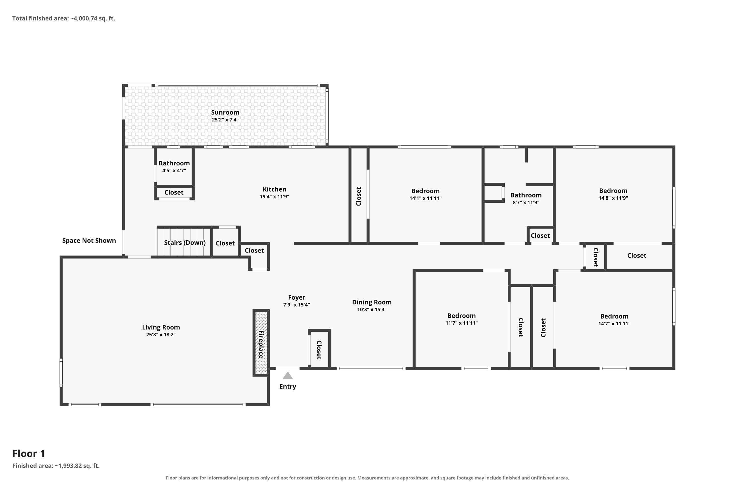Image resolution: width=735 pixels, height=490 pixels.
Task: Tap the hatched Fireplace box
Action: point(261,343)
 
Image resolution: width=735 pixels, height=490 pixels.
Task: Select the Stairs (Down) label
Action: point(185,243)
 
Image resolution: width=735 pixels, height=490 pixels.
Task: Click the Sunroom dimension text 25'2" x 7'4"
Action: point(225,120)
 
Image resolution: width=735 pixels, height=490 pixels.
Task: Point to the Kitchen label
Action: point(274,189)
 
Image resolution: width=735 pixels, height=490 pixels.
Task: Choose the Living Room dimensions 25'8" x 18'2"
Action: point(161,335)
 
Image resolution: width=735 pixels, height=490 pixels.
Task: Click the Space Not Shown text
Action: point(89,241)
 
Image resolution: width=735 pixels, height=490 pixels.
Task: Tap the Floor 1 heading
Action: point(29,453)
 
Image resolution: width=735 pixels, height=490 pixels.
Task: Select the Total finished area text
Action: point(64,18)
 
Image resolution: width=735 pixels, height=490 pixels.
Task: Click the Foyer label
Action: point(296,297)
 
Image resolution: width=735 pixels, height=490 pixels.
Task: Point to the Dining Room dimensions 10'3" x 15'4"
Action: point(372,310)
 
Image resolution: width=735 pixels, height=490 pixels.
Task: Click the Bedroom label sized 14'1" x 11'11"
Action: point(425,191)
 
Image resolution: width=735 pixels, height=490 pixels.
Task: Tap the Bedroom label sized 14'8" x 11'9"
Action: point(613,191)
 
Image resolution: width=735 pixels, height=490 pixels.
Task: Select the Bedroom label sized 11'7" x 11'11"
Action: point(462,316)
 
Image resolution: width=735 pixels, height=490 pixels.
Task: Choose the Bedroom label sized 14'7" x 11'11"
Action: point(614,316)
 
